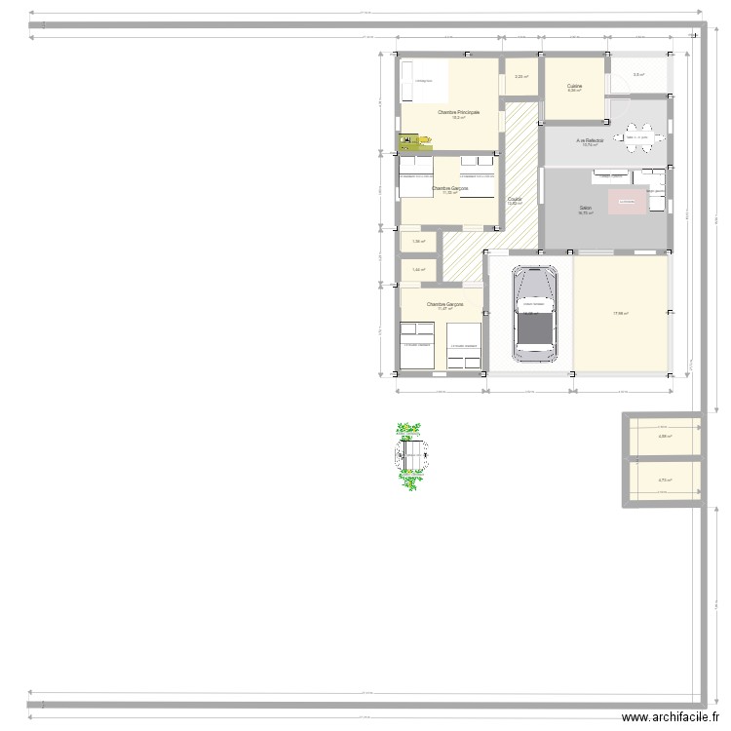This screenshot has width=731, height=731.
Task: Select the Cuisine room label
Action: coord(575,87)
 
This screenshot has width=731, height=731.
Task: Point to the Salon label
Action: coord(586,208)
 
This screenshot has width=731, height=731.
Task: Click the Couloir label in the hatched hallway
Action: coord(515,199)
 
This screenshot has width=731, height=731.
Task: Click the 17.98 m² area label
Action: coord(621,313)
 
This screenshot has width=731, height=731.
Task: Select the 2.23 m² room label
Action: coord(521,77)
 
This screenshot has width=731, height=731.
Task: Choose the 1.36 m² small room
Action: coord(417,242)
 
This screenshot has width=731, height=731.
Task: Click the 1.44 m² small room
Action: coord(417,270)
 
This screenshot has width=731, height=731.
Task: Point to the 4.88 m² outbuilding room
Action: coord(666,437)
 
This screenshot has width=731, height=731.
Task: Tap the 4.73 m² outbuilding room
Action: coord(666,480)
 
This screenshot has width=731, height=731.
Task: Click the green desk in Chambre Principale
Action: coord(406,141)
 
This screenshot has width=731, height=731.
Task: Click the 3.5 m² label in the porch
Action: coord(638,75)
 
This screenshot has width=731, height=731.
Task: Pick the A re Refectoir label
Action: coord(590,141)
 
